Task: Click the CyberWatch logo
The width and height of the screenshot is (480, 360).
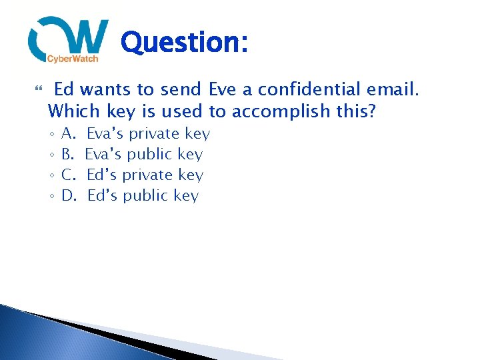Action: click(68, 40)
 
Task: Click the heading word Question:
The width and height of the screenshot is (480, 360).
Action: click(185, 43)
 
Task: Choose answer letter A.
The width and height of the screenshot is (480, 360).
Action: click(69, 134)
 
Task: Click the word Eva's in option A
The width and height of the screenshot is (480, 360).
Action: click(105, 134)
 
